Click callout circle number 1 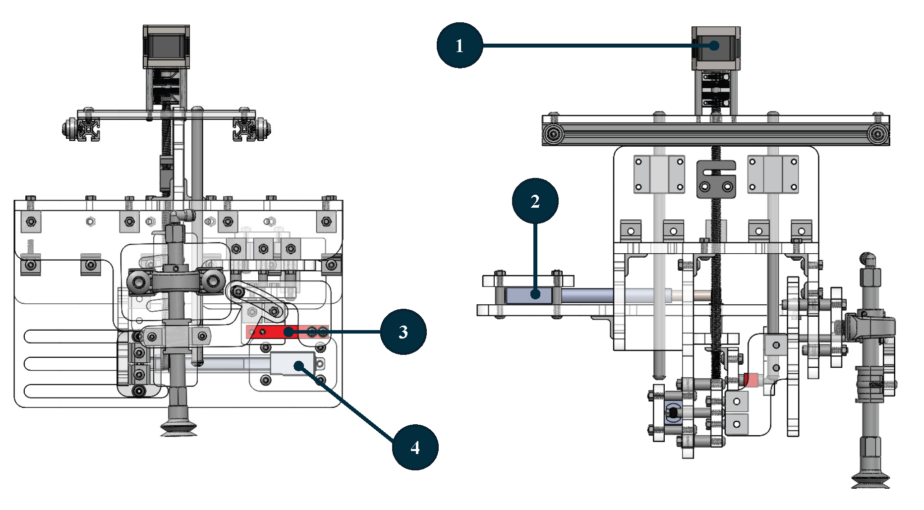[x=460, y=45]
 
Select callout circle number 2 [x=535, y=201]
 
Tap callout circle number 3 [x=403, y=332]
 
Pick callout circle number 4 [x=415, y=447]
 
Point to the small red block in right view [x=751, y=380]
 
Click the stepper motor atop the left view [x=166, y=46]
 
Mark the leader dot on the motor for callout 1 [x=714, y=46]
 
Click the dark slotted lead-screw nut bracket [x=716, y=179]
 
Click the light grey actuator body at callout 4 [x=292, y=364]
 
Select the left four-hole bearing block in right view [x=659, y=174]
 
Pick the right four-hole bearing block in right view [x=773, y=174]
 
